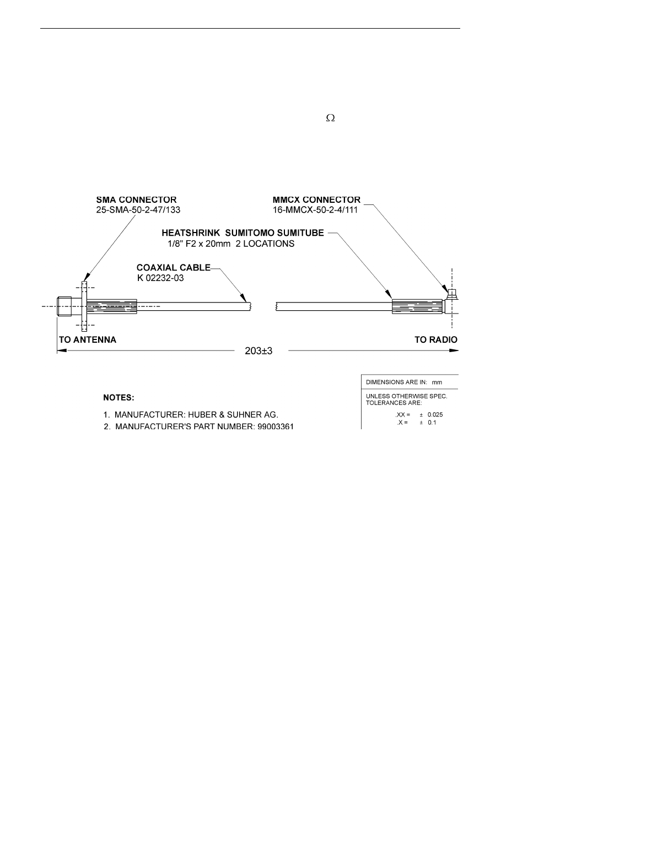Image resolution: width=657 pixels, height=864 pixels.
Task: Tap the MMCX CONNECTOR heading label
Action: [x=316, y=200]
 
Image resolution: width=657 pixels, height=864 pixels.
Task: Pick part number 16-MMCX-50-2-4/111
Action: [x=315, y=210]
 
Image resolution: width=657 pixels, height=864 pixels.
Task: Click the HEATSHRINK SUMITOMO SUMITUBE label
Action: [x=243, y=234]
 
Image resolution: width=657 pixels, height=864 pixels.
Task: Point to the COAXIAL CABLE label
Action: [x=173, y=268]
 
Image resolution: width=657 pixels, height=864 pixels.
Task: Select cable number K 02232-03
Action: [x=160, y=278]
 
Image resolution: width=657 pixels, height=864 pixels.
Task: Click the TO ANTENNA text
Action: [x=88, y=339]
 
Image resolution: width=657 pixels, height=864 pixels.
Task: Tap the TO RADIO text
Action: [x=435, y=339]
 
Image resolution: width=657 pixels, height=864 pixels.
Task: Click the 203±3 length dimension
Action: [x=259, y=351]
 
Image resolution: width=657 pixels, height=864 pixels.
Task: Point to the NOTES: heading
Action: [x=119, y=397]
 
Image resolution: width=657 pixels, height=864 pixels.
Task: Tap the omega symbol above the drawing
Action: [x=331, y=118]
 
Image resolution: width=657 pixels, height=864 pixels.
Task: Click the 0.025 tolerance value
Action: [x=435, y=414]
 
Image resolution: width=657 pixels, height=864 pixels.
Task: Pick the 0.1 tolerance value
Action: [x=432, y=422]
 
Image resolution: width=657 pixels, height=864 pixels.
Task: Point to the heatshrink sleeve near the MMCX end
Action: [x=417, y=306]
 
